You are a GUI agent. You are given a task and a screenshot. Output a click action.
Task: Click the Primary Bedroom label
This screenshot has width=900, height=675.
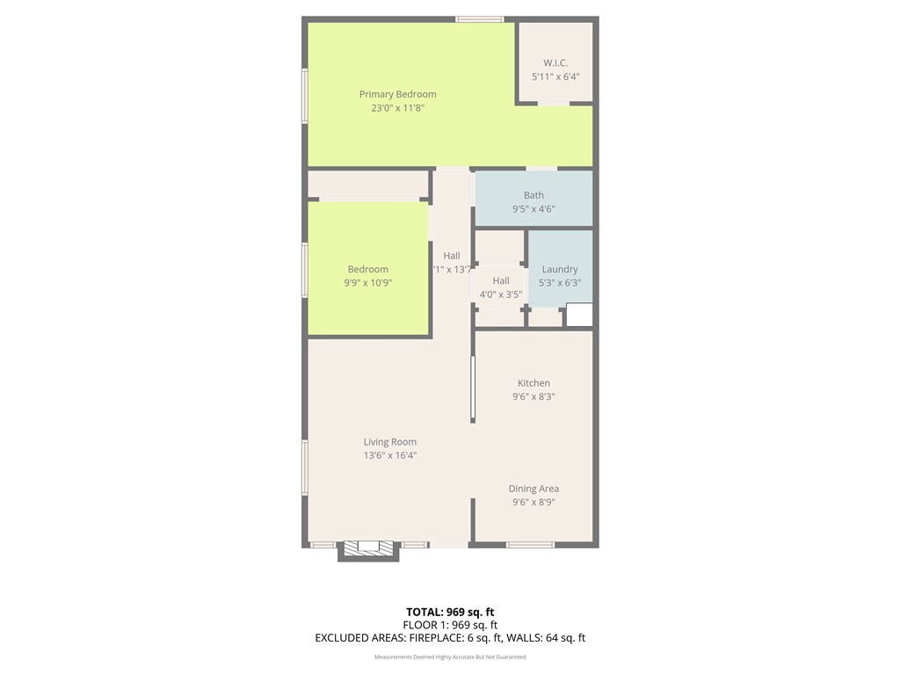click(397, 94)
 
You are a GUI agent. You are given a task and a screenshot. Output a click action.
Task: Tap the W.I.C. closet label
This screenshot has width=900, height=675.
click(555, 63)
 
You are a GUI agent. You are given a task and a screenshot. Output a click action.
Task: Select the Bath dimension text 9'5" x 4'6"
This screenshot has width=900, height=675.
click(533, 209)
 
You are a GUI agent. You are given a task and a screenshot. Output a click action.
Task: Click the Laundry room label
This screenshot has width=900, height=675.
click(560, 269)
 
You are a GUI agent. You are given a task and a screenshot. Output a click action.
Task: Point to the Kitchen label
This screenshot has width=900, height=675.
click(533, 383)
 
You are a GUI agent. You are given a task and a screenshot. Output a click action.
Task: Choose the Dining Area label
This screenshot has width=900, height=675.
click(533, 489)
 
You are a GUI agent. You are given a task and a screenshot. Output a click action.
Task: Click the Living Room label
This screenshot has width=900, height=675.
click(390, 442)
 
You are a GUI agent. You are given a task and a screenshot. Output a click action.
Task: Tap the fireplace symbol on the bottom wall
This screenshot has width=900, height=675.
click(369, 548)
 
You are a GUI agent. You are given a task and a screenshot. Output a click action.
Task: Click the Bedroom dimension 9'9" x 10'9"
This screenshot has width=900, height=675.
click(367, 283)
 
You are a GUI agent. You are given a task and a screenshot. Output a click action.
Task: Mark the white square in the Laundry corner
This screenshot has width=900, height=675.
click(578, 315)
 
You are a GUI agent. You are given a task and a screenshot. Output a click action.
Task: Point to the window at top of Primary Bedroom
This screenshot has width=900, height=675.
click(480, 18)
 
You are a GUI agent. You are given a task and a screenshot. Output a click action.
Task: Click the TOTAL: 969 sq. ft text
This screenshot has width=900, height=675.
click(450, 612)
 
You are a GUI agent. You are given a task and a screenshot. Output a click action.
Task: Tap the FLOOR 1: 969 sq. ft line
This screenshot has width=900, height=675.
click(450, 625)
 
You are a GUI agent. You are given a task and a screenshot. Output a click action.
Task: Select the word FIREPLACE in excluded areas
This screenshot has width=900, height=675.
click(412, 638)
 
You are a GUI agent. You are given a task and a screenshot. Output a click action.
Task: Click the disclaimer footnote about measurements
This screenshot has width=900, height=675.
click(450, 657)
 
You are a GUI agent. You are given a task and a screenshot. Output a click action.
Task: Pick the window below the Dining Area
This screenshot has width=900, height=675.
click(531, 545)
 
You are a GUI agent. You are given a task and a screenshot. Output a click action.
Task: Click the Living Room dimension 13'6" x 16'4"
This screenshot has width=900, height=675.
click(390, 455)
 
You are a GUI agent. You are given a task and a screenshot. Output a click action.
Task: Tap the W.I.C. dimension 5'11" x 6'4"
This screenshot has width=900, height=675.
click(555, 76)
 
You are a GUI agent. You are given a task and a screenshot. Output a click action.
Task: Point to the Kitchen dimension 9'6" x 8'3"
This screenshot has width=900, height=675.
click(533, 396)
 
